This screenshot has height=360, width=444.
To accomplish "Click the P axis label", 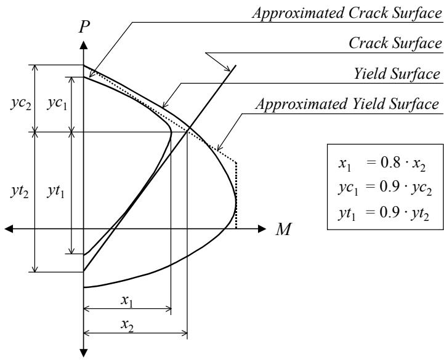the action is pyautogui.click(x=84, y=27).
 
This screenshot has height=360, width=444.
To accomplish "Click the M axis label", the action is pyautogui.click(x=283, y=230).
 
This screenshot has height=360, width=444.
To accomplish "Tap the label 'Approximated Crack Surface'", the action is pyautogui.click(x=347, y=13).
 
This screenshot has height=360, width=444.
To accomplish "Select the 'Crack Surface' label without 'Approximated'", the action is pyautogui.click(x=395, y=43).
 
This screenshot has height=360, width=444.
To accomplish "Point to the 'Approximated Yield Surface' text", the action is pyautogui.click(x=347, y=104).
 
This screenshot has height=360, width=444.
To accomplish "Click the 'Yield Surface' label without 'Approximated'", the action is pyautogui.click(x=397, y=74).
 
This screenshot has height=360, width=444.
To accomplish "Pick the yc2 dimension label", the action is pyautogui.click(x=21, y=104).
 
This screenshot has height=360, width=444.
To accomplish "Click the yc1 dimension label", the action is pyautogui.click(x=57, y=104).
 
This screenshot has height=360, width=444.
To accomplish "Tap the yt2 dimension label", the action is pyautogui.click(x=20, y=191).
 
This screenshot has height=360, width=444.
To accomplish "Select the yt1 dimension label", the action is pyautogui.click(x=56, y=191).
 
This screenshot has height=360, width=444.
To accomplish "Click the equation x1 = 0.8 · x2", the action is pyautogui.click(x=382, y=164).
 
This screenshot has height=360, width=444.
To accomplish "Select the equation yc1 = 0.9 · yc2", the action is pyautogui.click(x=385, y=188).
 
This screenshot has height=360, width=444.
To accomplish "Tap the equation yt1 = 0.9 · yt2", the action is pyautogui.click(x=384, y=214).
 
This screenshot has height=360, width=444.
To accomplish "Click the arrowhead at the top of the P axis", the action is pyautogui.click(x=84, y=46).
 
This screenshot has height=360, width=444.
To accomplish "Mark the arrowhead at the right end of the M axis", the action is pyautogui.click(x=262, y=229).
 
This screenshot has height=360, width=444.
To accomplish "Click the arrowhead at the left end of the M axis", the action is pyautogui.click(x=9, y=229).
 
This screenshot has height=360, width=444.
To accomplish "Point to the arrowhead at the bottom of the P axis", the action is pyautogui.click(x=84, y=353).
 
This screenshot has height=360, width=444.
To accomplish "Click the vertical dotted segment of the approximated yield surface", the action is pyautogui.click(x=236, y=195).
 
